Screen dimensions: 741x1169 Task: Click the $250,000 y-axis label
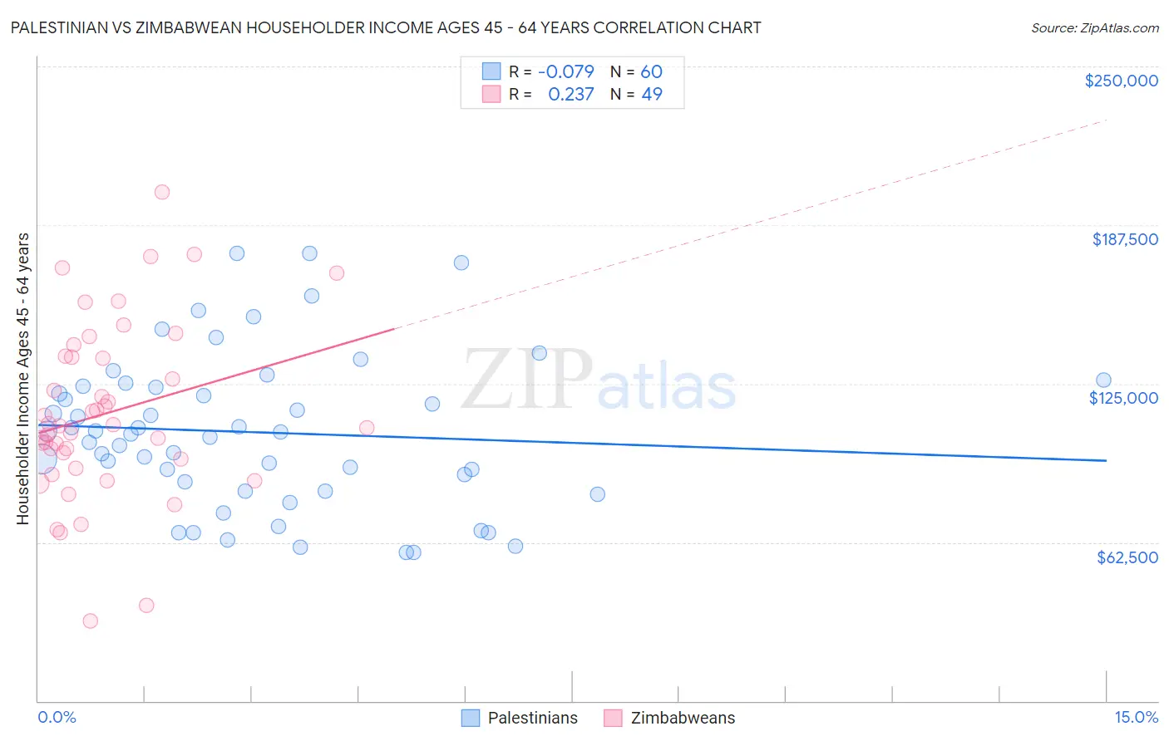point(1121,81)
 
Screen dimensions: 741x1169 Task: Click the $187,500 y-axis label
point(1124,239)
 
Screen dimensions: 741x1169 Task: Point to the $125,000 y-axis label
point(1123,398)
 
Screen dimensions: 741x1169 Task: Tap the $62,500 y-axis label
point(1127,557)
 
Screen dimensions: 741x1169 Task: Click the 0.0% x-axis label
point(57,718)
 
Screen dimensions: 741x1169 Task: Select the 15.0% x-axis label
point(1136,718)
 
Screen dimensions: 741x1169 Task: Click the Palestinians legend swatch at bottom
point(471,718)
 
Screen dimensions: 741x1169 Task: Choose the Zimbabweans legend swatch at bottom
point(614,718)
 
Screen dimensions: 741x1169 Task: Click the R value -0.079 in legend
point(566,71)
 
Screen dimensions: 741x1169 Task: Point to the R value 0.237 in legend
point(571,95)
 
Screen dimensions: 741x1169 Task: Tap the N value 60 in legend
point(651,71)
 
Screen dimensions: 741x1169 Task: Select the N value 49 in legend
point(652,95)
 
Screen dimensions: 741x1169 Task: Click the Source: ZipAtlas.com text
point(1094,28)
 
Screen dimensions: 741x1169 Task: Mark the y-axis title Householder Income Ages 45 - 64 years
point(23,379)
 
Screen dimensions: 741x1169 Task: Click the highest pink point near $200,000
point(162,192)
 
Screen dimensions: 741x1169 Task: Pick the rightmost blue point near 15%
point(1103,380)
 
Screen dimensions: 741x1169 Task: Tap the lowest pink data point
point(91,621)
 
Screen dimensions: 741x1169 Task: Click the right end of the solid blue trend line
point(1106,460)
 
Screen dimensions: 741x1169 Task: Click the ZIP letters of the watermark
point(526,379)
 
